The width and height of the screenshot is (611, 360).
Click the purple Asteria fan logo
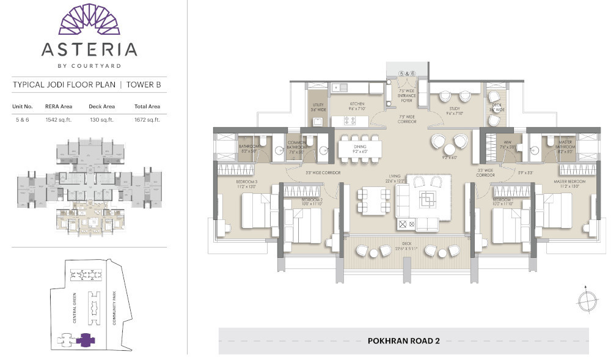click(89, 18)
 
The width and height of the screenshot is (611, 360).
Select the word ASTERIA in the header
click(89, 49)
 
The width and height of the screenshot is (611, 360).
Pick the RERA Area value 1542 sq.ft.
click(59, 120)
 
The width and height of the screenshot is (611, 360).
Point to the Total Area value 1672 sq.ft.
click(147, 120)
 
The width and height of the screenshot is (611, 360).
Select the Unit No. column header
click(23, 106)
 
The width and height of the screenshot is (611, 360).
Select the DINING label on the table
click(359, 147)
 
